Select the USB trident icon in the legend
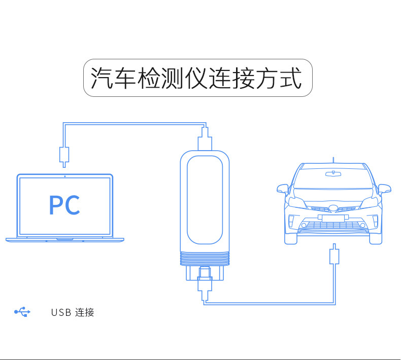click(x=22, y=312)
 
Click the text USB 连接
click(x=73, y=312)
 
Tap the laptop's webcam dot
click(x=64, y=176)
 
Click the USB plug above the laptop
click(x=64, y=154)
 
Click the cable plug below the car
click(x=334, y=255)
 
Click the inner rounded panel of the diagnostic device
click(x=205, y=200)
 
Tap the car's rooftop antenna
click(x=333, y=159)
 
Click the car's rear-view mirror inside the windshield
click(x=333, y=174)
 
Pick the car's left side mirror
click(x=282, y=189)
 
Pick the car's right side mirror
click(x=385, y=189)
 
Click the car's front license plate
click(x=333, y=218)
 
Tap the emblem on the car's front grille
click(x=333, y=208)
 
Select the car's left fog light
click(x=291, y=222)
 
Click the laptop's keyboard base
click(x=64, y=239)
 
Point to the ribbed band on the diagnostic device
click(x=205, y=260)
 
